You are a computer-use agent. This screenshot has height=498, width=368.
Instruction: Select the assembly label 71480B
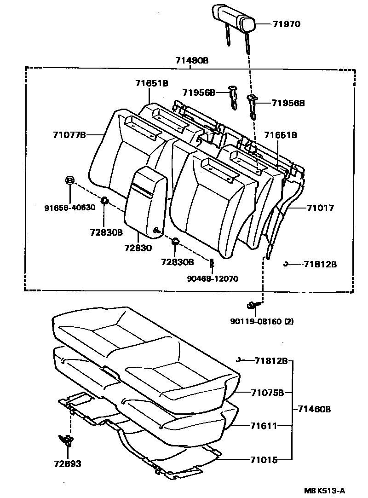coord(192,60)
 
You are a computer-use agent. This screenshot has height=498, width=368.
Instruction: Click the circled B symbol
coord(70,180)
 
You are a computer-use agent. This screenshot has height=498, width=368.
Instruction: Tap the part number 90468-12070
coord(213,278)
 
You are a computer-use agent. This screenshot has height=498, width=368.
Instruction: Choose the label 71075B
coord(268,393)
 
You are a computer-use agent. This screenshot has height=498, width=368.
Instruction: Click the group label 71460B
coord(314,409)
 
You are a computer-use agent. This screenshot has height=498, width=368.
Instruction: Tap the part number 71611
coord(264,426)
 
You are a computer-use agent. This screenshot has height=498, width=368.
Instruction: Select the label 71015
coord(264,459)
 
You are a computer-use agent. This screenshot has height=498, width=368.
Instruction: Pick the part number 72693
coord(67,463)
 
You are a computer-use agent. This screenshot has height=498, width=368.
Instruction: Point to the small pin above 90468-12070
coord(212,264)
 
